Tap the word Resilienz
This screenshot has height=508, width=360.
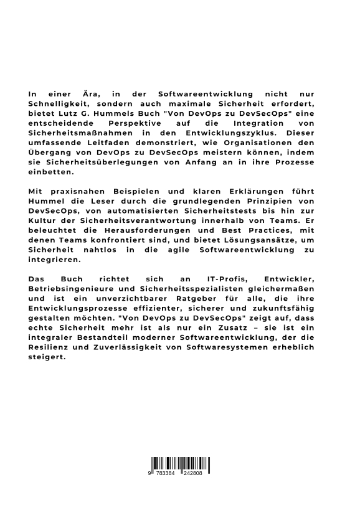(x=52, y=352)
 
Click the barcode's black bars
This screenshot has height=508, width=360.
(x=179, y=464)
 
